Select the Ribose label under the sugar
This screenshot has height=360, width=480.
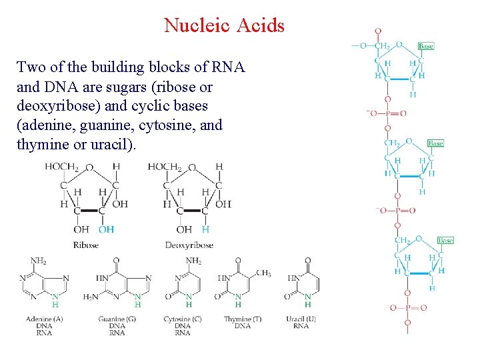tap(85, 245)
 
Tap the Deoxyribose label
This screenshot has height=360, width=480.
tap(189, 245)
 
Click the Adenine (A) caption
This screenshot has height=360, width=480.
tap(44, 319)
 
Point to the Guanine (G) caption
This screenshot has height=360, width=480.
tap(116, 319)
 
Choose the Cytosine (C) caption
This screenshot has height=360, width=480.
tap(182, 319)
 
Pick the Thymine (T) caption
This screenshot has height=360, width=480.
tap(242, 319)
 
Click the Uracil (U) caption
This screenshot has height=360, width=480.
tap(301, 319)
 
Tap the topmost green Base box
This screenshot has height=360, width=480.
tap(426, 46)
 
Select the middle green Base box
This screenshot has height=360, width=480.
tap(435, 143)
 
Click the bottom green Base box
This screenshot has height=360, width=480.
tap(445, 240)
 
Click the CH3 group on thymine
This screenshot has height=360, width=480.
tap(263, 273)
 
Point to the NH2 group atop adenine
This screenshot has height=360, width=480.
tap(39, 261)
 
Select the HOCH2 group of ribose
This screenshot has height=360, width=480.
tap(61, 167)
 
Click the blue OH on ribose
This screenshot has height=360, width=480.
tap(106, 229)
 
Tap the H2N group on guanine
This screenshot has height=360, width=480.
tap(91, 297)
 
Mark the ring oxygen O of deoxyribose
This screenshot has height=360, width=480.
tap(192, 168)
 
